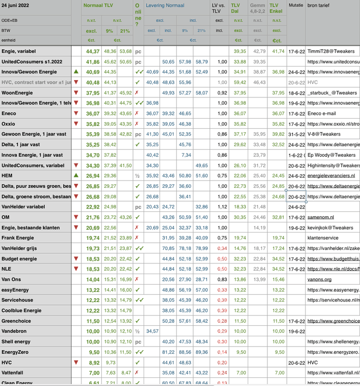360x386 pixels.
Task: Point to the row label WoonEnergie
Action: click(x=18, y=93)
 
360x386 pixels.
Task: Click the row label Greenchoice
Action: click(x=16, y=321)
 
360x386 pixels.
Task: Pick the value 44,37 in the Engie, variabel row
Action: click(x=93, y=51)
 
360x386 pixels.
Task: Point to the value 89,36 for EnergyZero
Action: click(x=201, y=352)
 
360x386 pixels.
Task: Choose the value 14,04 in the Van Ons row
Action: click(x=93, y=279)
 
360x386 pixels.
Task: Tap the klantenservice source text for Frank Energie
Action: click(x=324, y=238)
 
